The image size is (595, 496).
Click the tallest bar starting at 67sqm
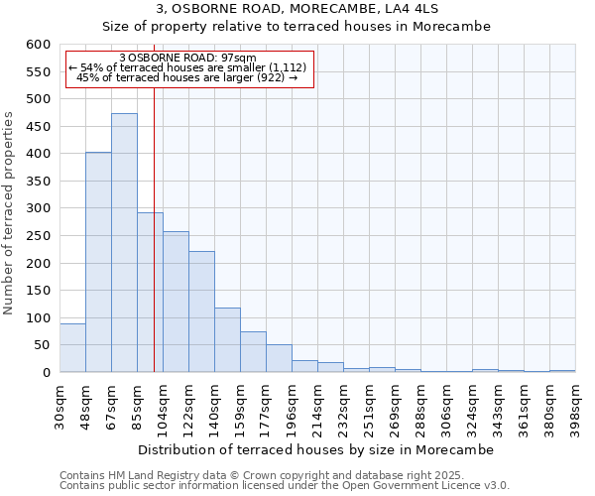[124, 243]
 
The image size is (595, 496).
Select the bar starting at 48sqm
[98, 263]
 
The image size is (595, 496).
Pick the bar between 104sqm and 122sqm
[176, 302]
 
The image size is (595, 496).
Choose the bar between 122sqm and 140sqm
[201, 311]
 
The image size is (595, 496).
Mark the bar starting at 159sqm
[253, 352]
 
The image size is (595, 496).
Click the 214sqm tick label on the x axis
[318, 402]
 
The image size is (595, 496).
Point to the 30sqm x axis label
[60, 402]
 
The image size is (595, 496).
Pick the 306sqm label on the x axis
[447, 402]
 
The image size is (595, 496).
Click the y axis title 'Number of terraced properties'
[10, 212]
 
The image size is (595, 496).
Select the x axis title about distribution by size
[315, 449]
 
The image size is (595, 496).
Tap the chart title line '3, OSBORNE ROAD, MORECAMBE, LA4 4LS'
[297, 9]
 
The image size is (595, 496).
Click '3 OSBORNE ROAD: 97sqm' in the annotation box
[187, 58]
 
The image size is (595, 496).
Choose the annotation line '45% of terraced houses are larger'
[187, 77]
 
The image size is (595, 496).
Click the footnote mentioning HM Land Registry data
[284, 475]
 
